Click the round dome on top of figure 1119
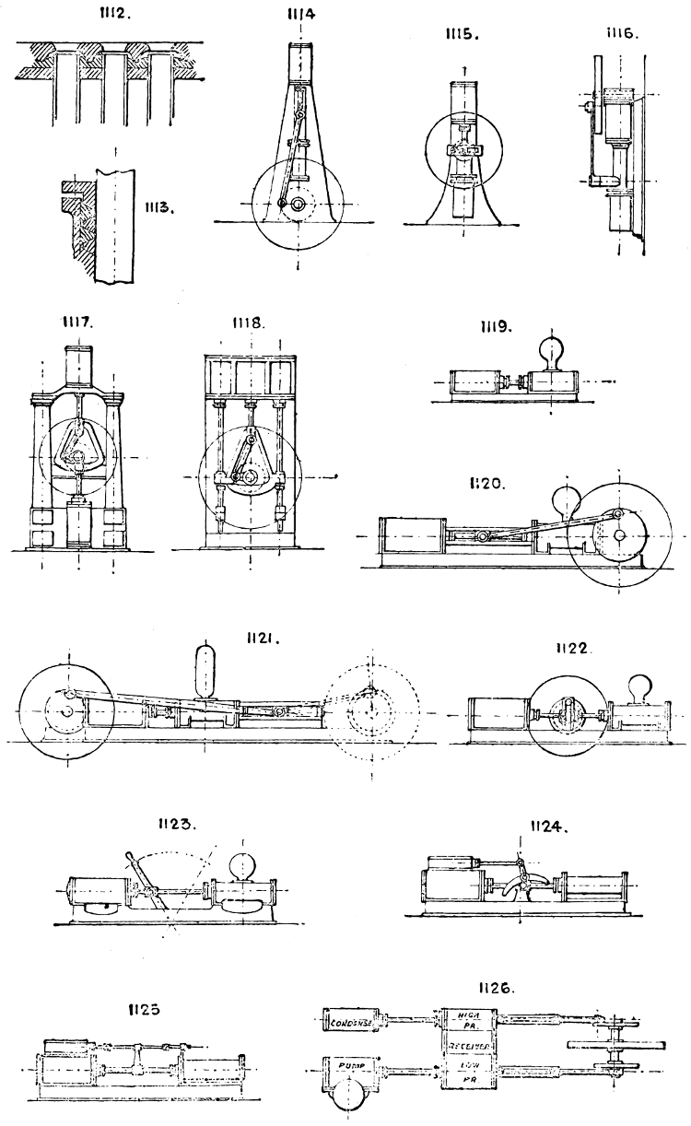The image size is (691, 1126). point(544,355)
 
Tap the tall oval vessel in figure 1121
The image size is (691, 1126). point(207,668)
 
